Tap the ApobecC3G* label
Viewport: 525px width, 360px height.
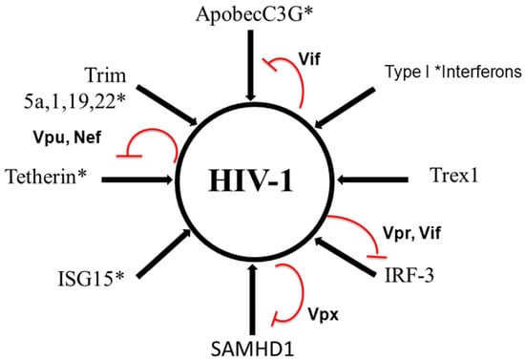coord(251,14)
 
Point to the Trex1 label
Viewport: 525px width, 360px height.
coord(461,178)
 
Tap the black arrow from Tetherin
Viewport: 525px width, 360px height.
coord(129,178)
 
